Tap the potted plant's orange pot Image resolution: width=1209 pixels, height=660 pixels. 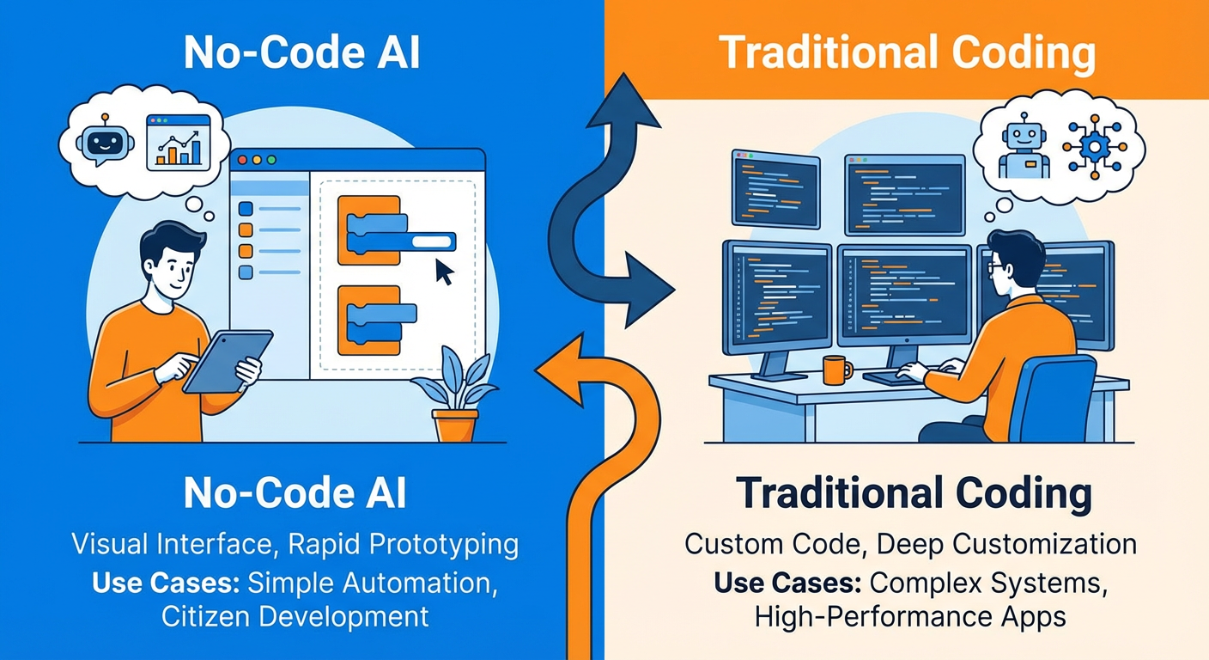coord(455,425)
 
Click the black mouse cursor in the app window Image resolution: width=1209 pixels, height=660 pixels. coord(444,272)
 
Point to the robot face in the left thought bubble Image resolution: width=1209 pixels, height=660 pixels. coord(100,140)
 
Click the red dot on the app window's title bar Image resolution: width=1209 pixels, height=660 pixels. coord(243,160)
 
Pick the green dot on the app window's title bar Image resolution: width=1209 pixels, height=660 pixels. coord(271,160)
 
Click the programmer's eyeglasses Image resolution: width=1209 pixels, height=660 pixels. coord(996,267)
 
